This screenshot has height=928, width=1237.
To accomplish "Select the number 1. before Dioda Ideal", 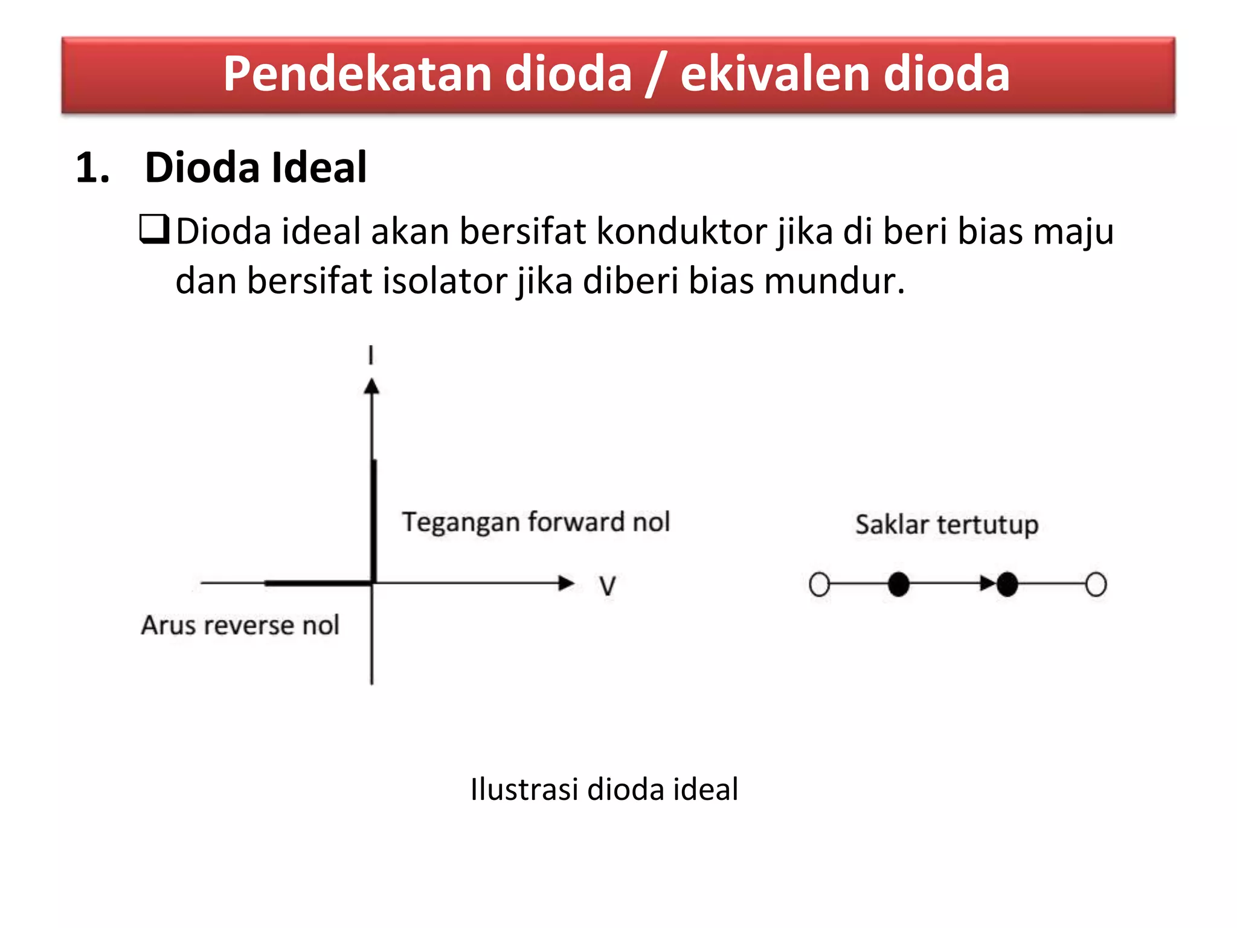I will (x=92, y=167).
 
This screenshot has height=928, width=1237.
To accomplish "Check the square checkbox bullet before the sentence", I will (x=153, y=230).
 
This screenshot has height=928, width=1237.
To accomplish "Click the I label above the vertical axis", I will (x=371, y=355).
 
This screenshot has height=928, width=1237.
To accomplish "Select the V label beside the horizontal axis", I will (x=607, y=585).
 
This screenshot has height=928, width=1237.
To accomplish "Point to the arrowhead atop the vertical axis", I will (x=371, y=386).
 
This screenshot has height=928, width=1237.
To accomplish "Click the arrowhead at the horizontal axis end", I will (x=566, y=583).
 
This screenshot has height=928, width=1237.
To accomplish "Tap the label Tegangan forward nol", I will (x=536, y=522).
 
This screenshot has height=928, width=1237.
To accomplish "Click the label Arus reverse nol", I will (x=240, y=625).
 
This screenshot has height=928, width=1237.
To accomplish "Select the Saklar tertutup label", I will (x=946, y=524).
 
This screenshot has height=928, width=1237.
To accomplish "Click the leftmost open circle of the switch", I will (x=819, y=584).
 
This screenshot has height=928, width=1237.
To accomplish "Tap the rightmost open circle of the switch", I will (x=1096, y=584).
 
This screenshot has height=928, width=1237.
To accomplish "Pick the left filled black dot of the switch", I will (x=899, y=584).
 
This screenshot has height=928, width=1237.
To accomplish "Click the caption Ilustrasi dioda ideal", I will (x=604, y=789).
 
